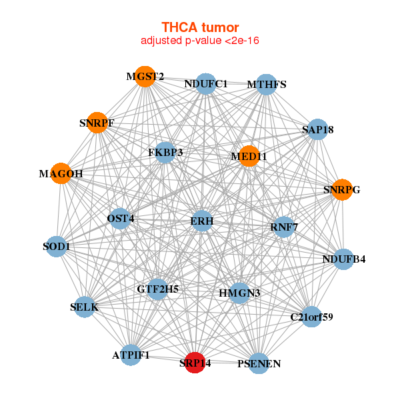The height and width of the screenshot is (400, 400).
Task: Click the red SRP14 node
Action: point(195,362)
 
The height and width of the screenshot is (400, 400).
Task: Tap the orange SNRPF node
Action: point(97,123)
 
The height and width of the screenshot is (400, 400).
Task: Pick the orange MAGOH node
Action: point(61,173)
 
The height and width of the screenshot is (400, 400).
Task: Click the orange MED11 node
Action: point(249,156)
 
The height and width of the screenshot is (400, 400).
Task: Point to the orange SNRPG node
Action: point(342,189)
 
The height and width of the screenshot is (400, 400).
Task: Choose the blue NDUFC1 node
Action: point(206,83)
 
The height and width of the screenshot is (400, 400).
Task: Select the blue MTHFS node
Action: point(267,85)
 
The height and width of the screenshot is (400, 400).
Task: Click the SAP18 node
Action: point(318,129)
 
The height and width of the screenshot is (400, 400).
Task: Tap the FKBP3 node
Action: point(165,152)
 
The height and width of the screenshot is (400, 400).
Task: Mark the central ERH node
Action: point(201,221)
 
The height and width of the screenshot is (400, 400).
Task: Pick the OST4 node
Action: point(121,218)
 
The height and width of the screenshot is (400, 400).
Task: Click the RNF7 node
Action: point(283,227)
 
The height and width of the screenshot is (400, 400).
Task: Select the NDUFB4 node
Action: point(343,259)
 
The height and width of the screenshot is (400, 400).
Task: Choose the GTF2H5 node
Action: point(157,289)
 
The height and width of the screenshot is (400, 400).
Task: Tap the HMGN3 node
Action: point(240,293)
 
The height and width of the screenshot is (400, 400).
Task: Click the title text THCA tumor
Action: point(200,27)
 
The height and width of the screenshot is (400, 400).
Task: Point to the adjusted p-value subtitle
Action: point(200,41)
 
